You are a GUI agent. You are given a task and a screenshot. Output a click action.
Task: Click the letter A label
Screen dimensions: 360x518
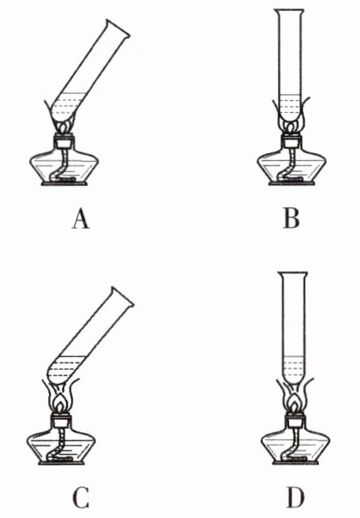[81, 220]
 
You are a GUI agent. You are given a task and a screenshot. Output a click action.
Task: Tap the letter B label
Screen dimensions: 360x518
[291, 218]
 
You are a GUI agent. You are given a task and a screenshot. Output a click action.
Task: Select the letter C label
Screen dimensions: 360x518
[81, 498]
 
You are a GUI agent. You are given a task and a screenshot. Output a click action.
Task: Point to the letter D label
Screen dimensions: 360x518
[295, 498]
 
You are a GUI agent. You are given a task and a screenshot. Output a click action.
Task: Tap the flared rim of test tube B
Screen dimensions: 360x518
[289, 11]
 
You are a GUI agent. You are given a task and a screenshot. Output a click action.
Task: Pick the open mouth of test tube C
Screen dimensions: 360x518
[122, 296]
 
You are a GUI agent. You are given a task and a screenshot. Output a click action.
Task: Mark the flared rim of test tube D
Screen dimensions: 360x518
[293, 274]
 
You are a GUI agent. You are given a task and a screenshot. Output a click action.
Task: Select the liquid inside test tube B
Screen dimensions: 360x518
[289, 107]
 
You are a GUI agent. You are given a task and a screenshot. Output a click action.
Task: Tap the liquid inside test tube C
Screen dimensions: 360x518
[66, 369]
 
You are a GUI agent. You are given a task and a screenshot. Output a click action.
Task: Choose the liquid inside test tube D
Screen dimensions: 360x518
[293, 370]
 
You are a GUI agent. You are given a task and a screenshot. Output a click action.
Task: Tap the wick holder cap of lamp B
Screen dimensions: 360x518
[291, 140]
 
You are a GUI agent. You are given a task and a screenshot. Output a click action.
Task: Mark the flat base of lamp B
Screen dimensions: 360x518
[291, 184]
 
